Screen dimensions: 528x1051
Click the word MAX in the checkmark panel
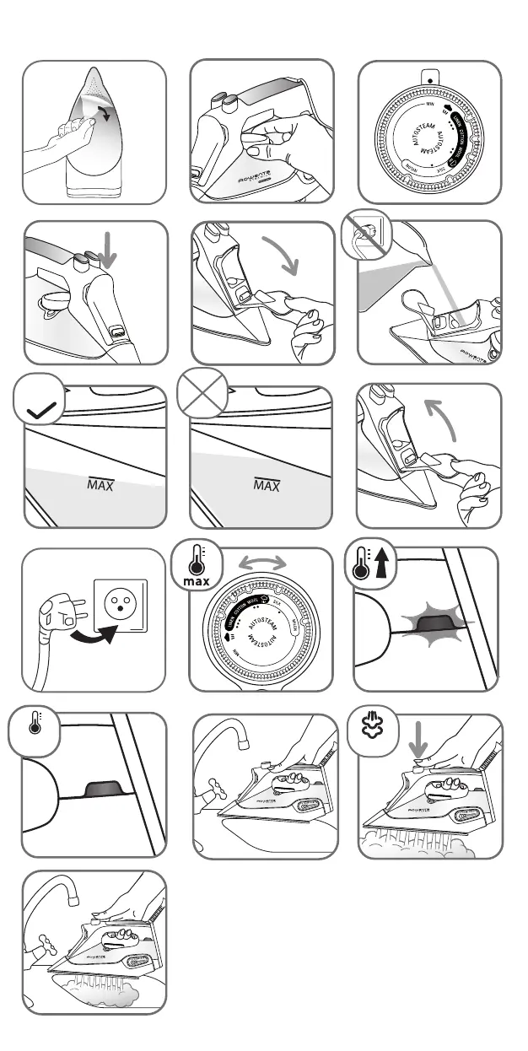click(100, 486)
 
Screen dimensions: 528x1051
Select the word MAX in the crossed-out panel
click(267, 486)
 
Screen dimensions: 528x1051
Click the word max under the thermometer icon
click(197, 583)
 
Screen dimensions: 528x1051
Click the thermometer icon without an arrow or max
click(34, 726)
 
